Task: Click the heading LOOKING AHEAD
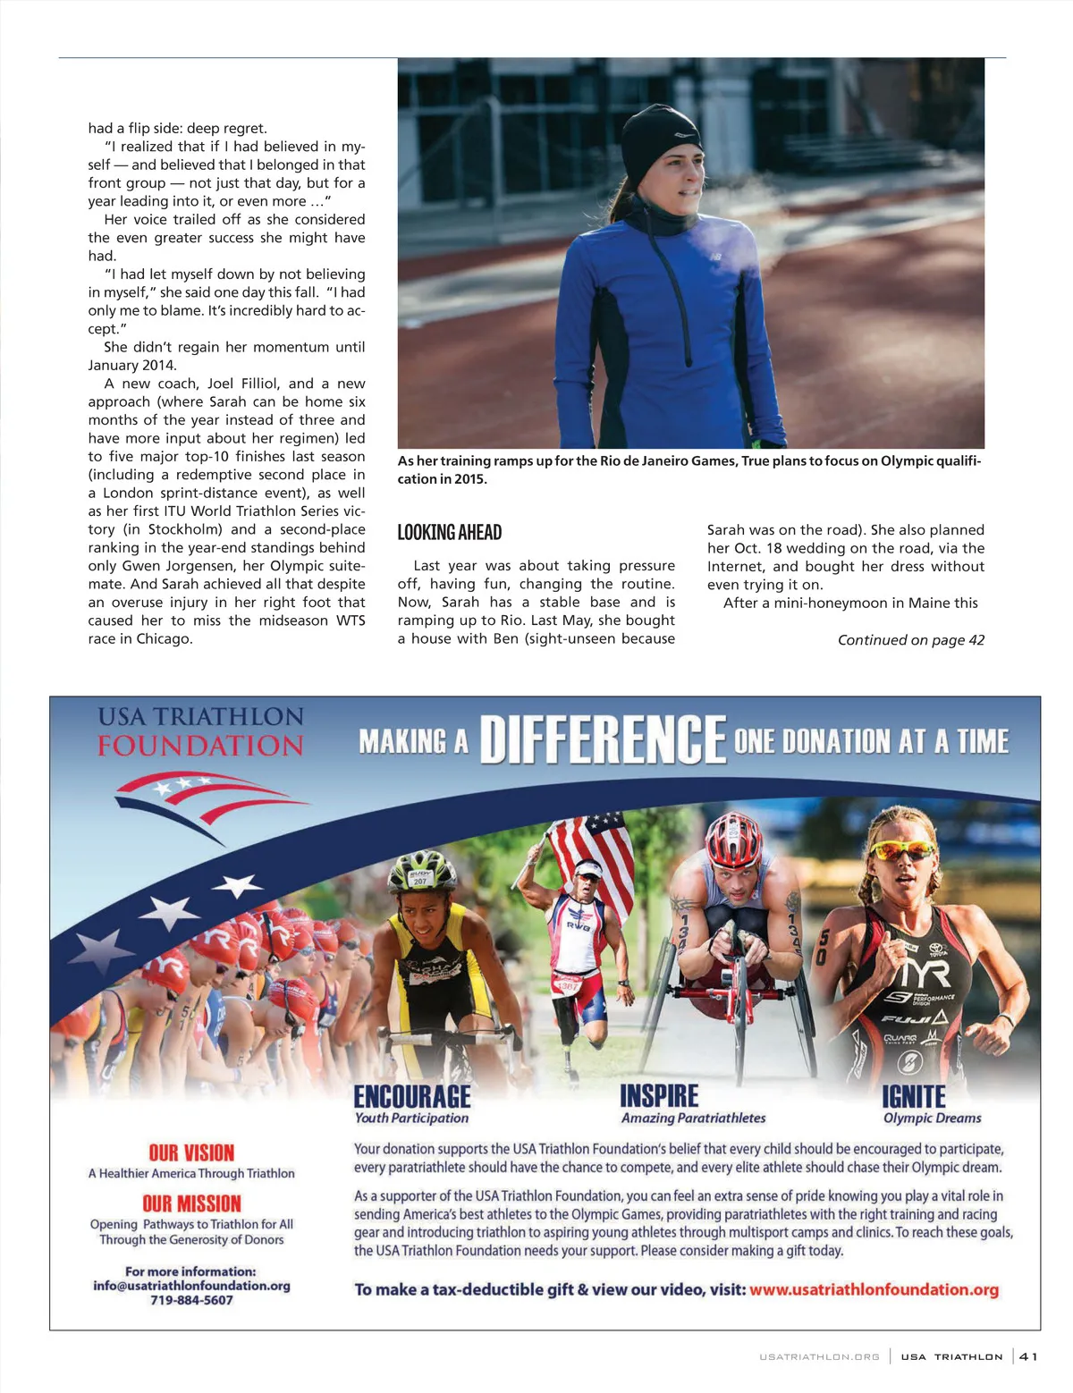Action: (x=450, y=533)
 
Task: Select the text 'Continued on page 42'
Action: (x=910, y=640)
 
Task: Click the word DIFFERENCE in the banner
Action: (x=603, y=740)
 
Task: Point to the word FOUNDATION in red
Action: (x=200, y=746)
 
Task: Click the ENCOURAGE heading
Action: (x=411, y=1097)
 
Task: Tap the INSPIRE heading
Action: (x=659, y=1096)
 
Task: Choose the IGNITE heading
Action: (x=913, y=1097)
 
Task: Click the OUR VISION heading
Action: (x=191, y=1152)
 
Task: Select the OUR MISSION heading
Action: (x=191, y=1203)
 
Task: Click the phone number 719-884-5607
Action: (x=191, y=1300)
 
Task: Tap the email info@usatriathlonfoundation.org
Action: (x=191, y=1286)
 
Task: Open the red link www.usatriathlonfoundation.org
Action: (x=874, y=1289)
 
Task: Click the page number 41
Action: (x=1028, y=1356)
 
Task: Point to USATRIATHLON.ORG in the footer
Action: (x=819, y=1357)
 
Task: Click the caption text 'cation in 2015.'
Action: (x=442, y=479)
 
